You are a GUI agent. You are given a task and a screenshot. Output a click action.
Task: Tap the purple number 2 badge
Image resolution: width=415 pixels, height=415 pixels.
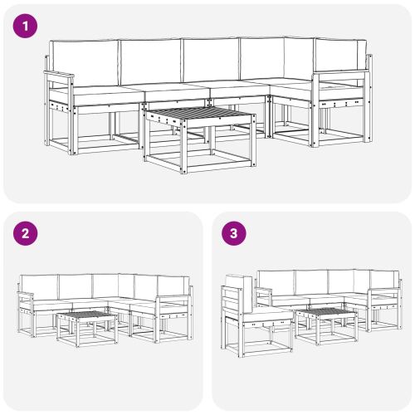click(x=27, y=233)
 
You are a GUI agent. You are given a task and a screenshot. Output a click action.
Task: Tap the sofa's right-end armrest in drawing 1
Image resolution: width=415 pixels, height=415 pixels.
click(x=340, y=77)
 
